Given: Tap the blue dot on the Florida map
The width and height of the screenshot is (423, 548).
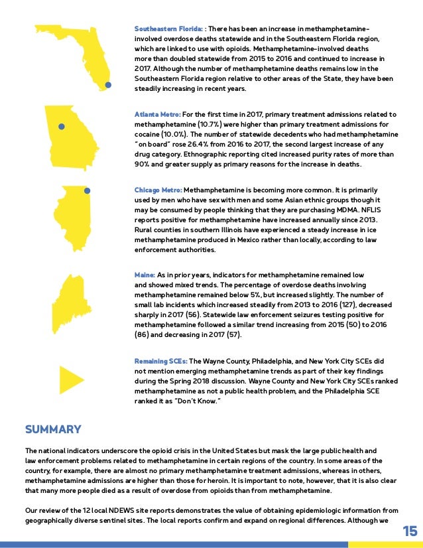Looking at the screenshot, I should tap(108, 85).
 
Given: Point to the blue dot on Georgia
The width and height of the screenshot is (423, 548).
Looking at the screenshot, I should tap(61, 126).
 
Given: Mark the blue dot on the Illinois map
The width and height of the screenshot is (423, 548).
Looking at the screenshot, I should tap(86, 190).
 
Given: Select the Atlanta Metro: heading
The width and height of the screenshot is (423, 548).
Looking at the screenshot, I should tap(157, 115).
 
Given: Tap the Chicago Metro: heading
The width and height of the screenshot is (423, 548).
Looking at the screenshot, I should tap(158, 190).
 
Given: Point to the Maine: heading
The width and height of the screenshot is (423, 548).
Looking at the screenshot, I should tap(145, 275).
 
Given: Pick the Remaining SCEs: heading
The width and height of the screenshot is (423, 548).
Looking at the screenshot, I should tap(160, 360).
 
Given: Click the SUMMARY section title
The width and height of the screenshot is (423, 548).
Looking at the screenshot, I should tap(53, 429).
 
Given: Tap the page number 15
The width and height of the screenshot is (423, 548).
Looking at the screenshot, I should tap(410, 531).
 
